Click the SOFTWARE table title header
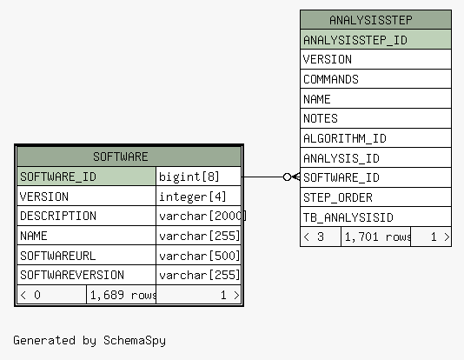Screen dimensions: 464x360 point(129,157)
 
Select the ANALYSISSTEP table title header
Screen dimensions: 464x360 point(376,20)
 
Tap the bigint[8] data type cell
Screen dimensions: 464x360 point(198,177)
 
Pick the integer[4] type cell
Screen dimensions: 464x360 point(198,197)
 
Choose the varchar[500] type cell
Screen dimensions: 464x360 point(198,255)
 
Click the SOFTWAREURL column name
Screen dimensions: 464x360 point(57,256)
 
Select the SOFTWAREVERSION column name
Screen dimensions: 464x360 point(72,275)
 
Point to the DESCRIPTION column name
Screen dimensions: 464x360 point(58,217)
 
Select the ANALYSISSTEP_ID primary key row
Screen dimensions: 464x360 point(376,39)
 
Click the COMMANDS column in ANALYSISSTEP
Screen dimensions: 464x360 point(376,79)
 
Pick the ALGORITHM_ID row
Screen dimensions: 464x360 point(376,138)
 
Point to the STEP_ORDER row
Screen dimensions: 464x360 point(376,197)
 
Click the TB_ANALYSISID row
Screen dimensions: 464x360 point(376,217)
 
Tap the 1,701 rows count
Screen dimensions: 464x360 point(376,237)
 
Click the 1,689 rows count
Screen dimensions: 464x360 point(122,295)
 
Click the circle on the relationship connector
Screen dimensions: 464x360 point(287,177)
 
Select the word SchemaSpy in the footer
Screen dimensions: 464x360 point(135,341)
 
